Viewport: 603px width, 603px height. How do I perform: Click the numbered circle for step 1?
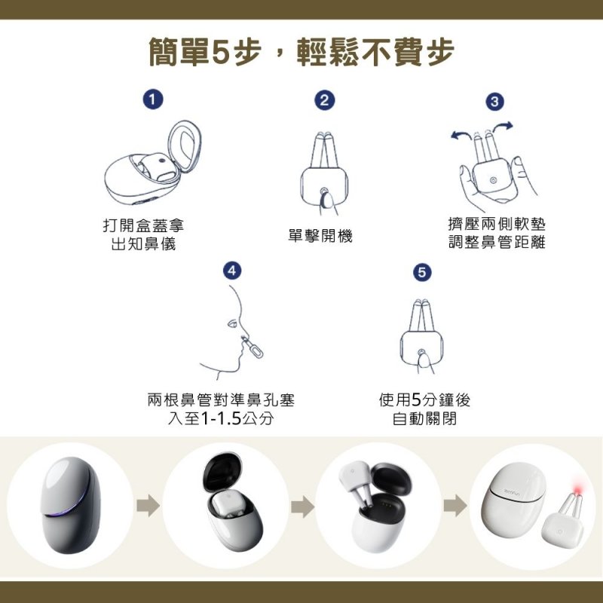point(153,99)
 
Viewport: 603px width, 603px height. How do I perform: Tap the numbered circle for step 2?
point(325,100)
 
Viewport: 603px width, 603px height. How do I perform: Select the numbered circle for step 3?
point(494,102)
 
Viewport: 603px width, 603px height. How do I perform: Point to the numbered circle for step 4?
point(232,271)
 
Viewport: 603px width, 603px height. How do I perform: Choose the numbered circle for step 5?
point(422,272)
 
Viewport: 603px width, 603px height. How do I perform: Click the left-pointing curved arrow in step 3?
point(461,135)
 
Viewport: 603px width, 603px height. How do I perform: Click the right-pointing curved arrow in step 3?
point(503,127)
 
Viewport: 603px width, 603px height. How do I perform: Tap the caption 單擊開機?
point(320,235)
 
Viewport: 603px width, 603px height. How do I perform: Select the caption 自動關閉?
point(424,418)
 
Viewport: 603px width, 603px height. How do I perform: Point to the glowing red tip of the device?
point(578,489)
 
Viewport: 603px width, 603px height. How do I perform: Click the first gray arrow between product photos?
point(148,505)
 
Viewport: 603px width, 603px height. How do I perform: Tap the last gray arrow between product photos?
point(455,505)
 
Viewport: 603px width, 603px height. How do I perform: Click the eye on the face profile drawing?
point(232,323)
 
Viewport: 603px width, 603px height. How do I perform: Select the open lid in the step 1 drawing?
point(185,146)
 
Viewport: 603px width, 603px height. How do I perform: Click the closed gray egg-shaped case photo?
point(70,505)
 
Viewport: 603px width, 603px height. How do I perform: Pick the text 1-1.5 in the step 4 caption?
point(221,418)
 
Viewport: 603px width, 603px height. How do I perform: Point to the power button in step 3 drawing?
point(494,180)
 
